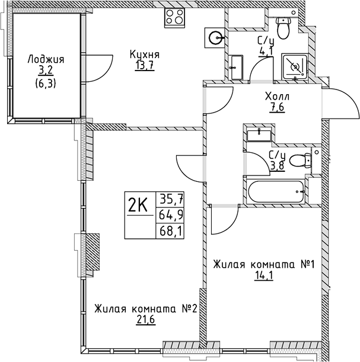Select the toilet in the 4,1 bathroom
[283, 25]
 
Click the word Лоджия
[46, 59]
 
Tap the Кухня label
[145, 55]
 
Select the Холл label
[277, 96]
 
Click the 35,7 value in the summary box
[170, 198]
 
